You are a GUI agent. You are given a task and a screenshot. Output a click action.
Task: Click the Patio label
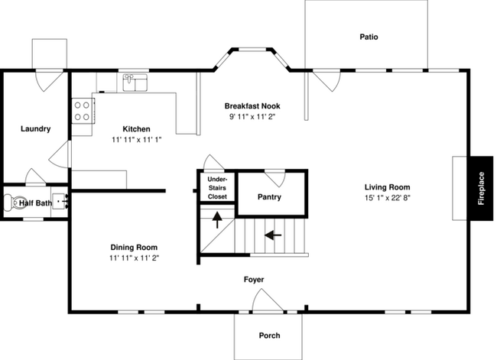point(369,37)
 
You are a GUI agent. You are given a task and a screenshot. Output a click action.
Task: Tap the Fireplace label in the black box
point(481,188)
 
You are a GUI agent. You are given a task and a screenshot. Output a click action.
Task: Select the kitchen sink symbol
point(135,83)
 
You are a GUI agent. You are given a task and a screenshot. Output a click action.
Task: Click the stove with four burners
point(83,111)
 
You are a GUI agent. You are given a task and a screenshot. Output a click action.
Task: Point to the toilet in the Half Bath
point(12,203)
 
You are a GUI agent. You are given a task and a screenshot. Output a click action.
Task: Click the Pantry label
point(269,196)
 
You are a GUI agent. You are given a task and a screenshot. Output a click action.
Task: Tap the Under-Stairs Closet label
point(217,188)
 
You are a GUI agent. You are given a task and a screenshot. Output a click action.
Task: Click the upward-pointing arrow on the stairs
point(217,220)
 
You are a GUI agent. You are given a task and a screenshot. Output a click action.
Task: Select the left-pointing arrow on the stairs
point(273,235)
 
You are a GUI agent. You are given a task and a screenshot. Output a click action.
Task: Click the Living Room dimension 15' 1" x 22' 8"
point(388,198)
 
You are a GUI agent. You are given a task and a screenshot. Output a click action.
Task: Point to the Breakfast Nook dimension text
point(252,117)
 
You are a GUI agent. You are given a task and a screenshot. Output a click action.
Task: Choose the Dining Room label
point(134,247)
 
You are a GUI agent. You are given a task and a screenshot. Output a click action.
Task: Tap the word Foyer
point(254,280)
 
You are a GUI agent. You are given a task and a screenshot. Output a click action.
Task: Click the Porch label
point(269,336)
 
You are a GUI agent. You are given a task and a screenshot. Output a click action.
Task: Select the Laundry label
point(35,128)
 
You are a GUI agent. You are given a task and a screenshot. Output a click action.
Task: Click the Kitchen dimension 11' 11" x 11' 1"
point(137,139)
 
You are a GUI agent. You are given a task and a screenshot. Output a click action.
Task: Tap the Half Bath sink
point(60,201)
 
